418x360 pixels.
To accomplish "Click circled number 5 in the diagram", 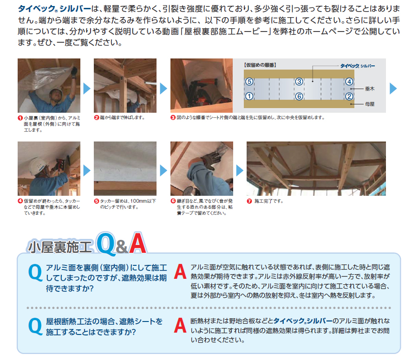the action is point(249,82).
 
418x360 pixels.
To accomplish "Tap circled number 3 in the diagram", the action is point(299,82).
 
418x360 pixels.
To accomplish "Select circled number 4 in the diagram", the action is point(349,82).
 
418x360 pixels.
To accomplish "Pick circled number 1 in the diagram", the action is point(249,96).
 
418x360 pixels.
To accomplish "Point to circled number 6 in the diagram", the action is point(299,96).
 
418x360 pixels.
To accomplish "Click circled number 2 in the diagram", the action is point(349,96).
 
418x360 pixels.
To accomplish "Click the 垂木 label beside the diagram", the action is point(370,89).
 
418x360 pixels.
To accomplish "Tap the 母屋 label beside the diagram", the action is point(370,104).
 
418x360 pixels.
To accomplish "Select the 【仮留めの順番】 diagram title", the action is point(260,65).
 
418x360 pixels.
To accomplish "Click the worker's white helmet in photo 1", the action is point(57,91).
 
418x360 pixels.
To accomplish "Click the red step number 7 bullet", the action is point(249,201).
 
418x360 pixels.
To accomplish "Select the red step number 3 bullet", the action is point(173,117).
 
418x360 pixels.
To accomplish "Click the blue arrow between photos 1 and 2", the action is point(87,89).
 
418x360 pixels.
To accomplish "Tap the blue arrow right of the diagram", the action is point(393,89).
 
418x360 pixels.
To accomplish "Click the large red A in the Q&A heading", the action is point(137,244).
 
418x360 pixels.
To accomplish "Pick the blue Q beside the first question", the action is point(35,273).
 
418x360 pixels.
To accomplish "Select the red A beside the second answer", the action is point(180,325).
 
